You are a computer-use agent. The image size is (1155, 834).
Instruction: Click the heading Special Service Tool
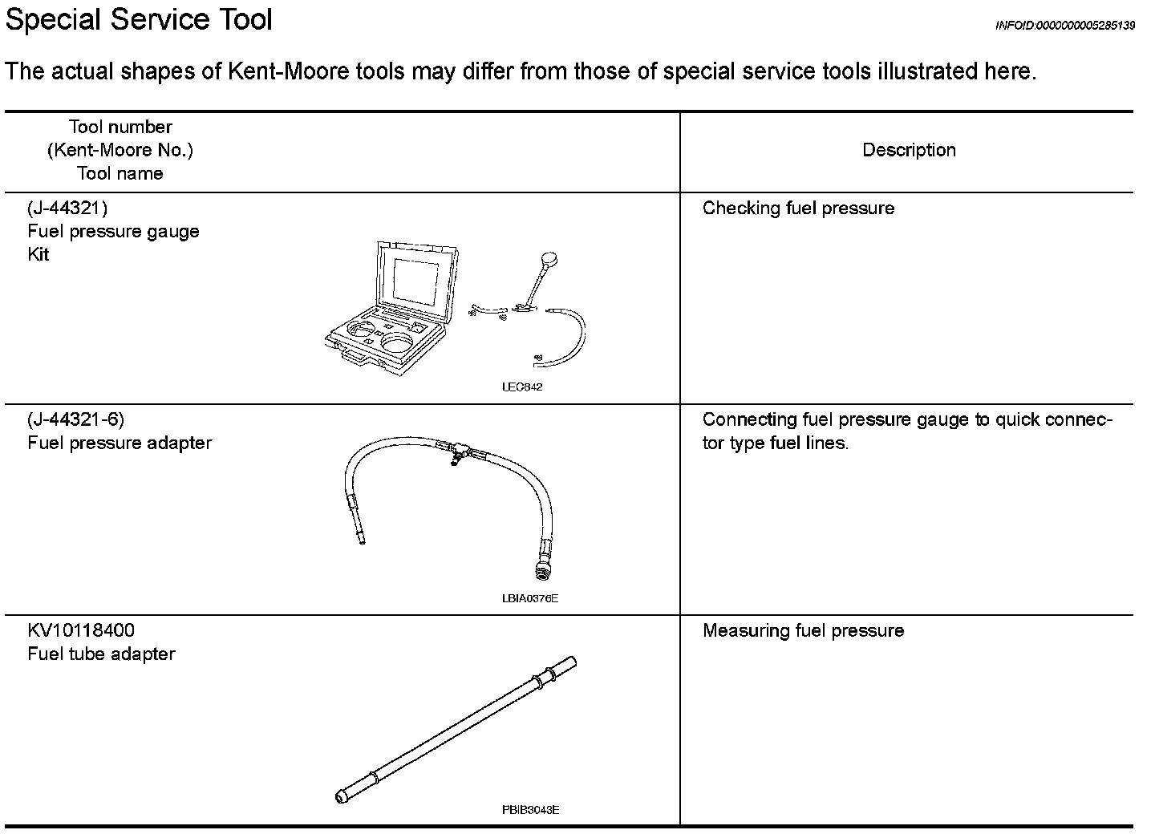click(139, 19)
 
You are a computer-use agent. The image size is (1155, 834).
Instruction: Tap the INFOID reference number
click(1064, 26)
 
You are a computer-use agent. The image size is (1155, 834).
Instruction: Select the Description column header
click(909, 150)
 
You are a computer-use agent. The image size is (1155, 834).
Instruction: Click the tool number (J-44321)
click(67, 208)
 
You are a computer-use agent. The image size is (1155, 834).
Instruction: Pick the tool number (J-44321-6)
click(76, 419)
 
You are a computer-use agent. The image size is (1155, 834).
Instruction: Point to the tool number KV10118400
click(81, 630)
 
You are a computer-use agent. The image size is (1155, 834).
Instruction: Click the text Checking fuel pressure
click(798, 208)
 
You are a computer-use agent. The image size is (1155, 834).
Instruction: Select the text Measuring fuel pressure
click(803, 630)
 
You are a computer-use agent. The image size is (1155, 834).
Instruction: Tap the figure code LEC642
click(522, 387)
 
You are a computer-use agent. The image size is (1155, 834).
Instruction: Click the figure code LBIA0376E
click(529, 598)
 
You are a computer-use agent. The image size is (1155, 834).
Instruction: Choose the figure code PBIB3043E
click(530, 810)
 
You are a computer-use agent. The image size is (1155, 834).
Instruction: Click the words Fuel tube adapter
click(101, 654)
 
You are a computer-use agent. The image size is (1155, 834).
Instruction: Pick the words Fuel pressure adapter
click(120, 443)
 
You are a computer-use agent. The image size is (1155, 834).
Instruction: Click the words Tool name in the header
click(120, 174)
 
